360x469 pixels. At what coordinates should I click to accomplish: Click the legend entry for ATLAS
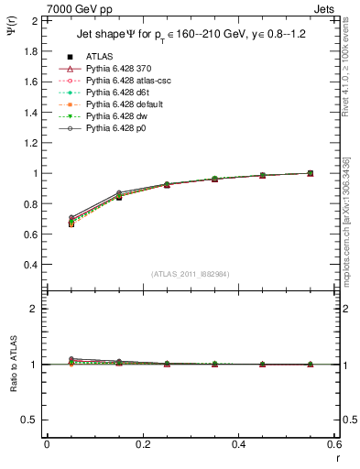pos(99,56)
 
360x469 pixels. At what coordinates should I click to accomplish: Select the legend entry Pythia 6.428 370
pos(114,69)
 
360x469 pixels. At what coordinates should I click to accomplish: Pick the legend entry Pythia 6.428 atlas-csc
pos(120,81)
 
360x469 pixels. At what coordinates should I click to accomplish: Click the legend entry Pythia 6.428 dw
pos(112,116)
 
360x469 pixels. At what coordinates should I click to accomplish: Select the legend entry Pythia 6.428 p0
pos(112,128)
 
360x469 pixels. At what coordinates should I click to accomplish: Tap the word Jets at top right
pos(326,8)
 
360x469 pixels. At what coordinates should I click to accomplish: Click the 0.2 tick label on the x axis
pos(142,444)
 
